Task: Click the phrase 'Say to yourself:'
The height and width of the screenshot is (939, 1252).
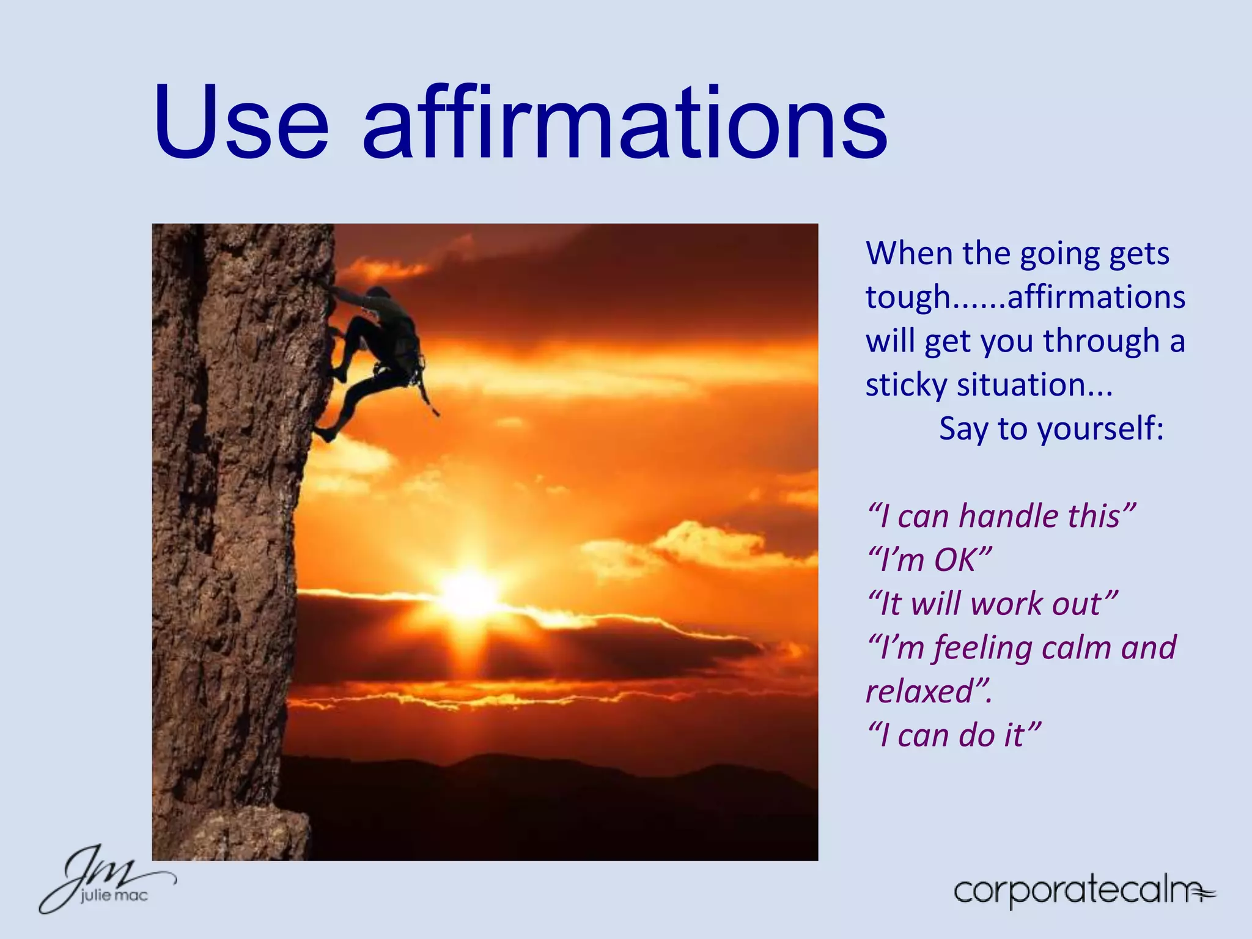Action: click(x=1051, y=429)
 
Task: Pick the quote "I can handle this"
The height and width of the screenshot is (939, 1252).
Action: click(x=1001, y=516)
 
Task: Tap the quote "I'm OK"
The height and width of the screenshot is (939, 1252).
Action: click(x=929, y=560)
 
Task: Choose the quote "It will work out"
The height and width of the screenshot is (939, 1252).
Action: click(x=993, y=604)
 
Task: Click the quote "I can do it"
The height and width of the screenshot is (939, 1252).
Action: click(x=954, y=735)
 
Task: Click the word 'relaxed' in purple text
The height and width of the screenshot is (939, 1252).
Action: click(x=920, y=692)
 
